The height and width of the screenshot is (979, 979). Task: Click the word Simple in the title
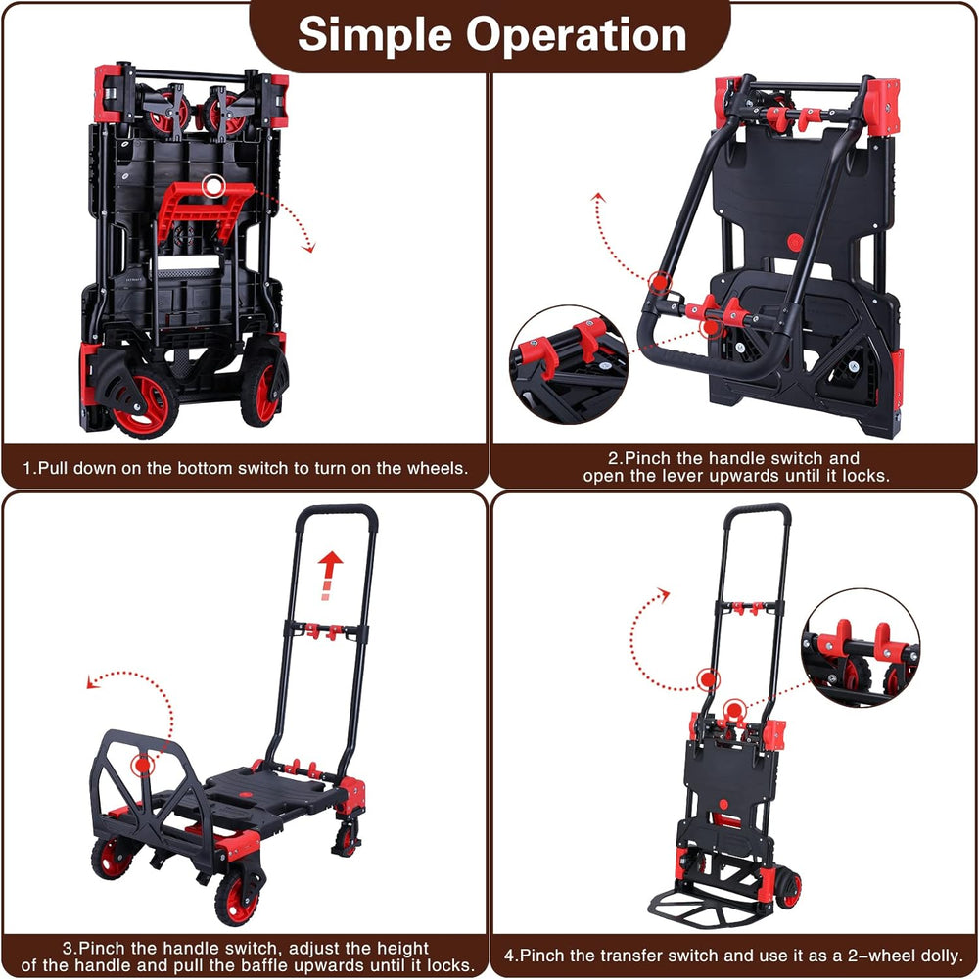tap(375, 35)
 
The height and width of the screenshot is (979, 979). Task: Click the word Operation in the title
tap(577, 34)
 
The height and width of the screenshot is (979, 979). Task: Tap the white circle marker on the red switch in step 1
tap(213, 185)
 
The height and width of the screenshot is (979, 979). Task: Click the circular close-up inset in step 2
tap(570, 365)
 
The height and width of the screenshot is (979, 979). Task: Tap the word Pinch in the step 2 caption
tap(649, 458)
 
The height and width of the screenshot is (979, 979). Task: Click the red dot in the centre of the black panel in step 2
tap(795, 242)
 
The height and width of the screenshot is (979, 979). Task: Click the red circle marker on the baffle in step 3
tap(143, 765)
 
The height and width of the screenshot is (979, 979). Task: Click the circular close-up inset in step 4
tap(861, 648)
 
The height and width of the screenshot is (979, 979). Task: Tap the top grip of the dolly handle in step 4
tap(758, 510)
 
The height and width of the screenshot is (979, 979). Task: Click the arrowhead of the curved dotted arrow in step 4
tap(664, 594)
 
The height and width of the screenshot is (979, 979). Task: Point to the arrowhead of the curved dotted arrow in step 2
tap(599, 198)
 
